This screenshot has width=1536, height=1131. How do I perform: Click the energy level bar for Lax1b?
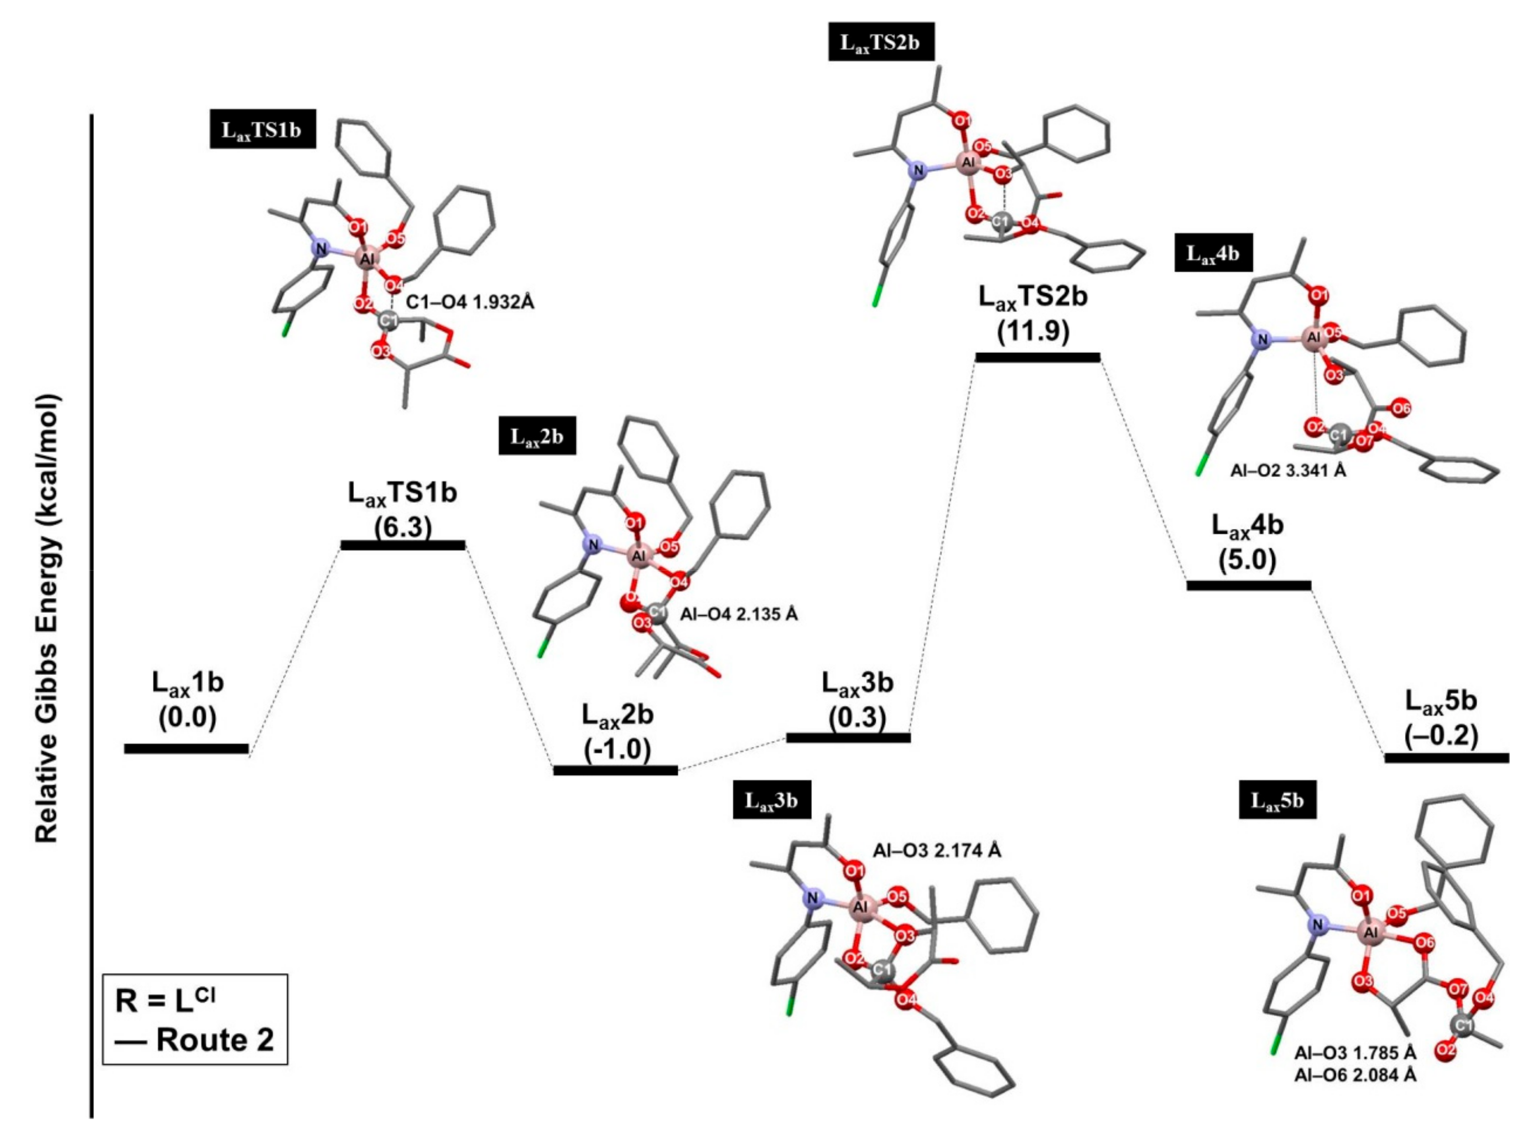click(186, 748)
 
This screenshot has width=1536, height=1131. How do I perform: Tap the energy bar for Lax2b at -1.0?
click(615, 770)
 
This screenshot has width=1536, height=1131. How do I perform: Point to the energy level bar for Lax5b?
click(1446, 758)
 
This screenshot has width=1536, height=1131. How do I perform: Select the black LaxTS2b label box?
click(880, 42)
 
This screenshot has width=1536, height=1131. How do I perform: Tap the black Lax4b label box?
click(1213, 253)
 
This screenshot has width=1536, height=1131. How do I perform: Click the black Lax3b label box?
click(772, 799)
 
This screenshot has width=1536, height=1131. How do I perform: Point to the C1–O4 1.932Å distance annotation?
click(470, 302)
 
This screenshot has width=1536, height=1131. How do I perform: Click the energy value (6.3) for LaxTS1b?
click(403, 526)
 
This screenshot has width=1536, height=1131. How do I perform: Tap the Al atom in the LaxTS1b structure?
click(367, 259)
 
